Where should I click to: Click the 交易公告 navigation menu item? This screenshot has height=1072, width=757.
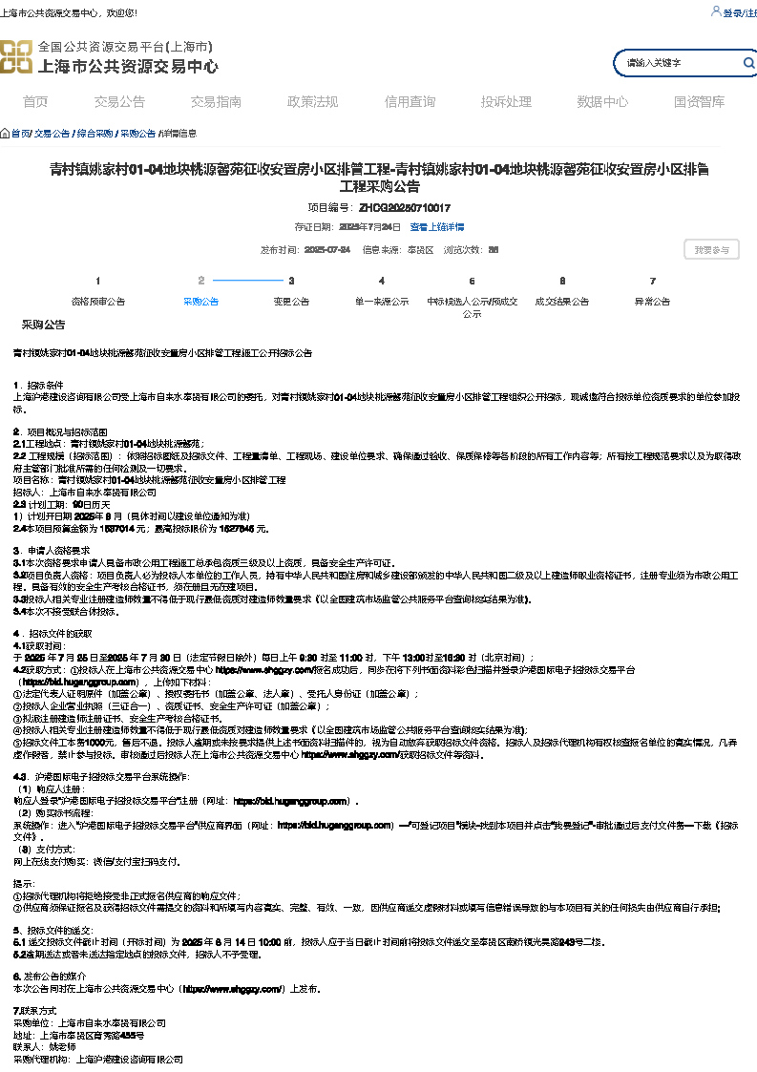119,102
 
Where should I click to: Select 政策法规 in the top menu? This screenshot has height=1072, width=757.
312,102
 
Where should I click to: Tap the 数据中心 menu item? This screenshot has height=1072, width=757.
602,102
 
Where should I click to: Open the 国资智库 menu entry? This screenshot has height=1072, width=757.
699,102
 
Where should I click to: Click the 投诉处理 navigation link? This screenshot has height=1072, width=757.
506,102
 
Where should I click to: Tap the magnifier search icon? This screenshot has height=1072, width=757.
749,63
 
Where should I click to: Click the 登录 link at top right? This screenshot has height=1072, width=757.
732,13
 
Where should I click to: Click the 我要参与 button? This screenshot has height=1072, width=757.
711,250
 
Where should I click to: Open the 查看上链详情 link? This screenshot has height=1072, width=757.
437,227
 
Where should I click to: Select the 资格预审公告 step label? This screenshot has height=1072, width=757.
98,301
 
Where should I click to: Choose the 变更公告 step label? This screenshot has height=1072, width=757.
291,301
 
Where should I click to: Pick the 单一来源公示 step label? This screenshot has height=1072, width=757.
382,301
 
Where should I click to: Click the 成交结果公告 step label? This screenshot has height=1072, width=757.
561,301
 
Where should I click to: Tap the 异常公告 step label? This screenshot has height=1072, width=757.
652,301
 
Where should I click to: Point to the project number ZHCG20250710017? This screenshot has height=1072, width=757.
405,207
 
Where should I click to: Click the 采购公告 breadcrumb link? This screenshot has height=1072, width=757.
137,134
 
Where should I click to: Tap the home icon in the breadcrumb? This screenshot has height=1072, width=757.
5,134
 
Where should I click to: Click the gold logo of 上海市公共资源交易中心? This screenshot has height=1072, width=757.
15,56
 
